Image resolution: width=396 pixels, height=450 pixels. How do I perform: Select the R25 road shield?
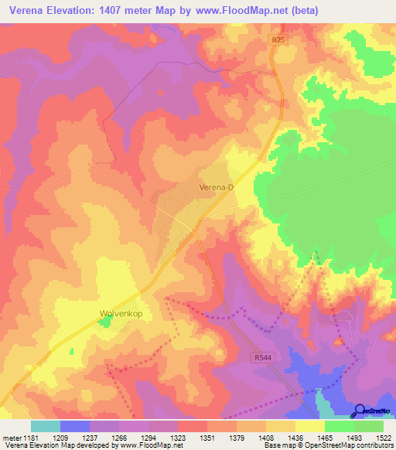(278, 39)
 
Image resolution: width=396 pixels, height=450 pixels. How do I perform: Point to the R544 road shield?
(264, 358)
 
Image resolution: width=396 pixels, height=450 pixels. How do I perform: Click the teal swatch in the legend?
(46, 426)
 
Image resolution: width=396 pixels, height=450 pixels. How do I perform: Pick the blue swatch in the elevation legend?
(75, 426)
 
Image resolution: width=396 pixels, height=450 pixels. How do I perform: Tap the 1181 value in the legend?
(30, 438)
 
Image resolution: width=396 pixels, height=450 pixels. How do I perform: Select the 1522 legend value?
(384, 438)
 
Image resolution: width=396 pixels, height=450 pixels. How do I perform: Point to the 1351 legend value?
(207, 438)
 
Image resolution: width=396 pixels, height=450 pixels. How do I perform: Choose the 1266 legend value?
(119, 438)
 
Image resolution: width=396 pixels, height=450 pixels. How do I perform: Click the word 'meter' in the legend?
(10, 438)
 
